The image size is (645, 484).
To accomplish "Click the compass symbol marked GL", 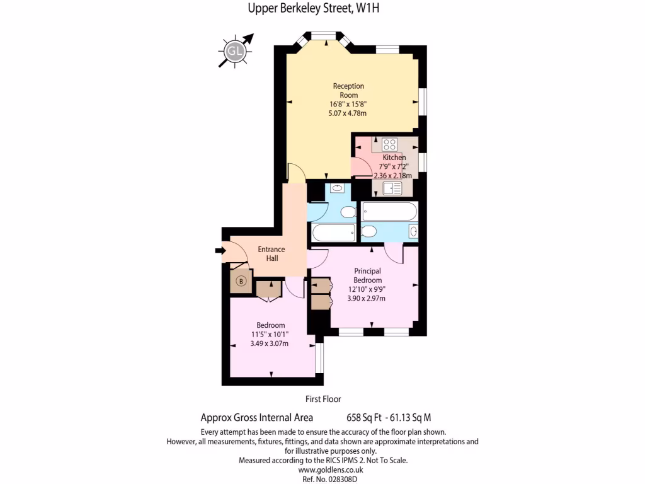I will (x=236, y=50).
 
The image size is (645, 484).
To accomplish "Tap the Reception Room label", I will (x=348, y=90).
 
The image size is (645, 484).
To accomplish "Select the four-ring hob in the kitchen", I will (x=389, y=144).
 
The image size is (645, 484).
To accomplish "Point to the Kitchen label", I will (x=394, y=158).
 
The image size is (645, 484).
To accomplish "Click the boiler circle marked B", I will (x=241, y=282).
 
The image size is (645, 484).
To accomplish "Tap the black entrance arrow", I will (x=220, y=251).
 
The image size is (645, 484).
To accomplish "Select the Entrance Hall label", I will (x=271, y=253).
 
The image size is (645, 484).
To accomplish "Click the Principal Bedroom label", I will (x=367, y=275).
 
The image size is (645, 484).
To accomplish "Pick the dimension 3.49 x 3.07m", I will (x=269, y=343).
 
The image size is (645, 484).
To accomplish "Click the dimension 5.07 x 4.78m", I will (x=348, y=113).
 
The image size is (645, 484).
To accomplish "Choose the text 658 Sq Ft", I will (x=364, y=417).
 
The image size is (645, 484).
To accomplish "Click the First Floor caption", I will (x=323, y=399).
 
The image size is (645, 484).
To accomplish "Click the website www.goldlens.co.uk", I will (x=322, y=470).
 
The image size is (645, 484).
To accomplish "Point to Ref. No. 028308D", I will (x=322, y=479).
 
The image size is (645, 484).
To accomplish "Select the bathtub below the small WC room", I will (x=334, y=233).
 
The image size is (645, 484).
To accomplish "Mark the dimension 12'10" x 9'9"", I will (x=367, y=289).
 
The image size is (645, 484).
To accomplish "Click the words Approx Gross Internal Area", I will (x=256, y=417).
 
